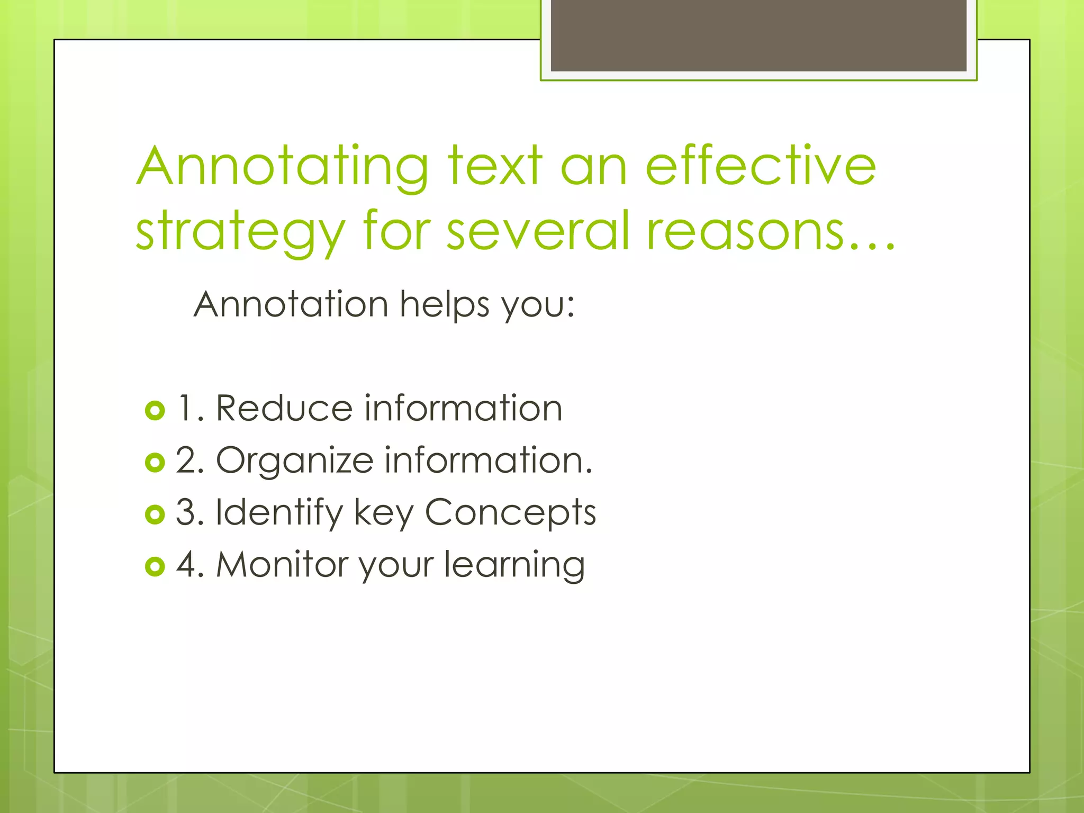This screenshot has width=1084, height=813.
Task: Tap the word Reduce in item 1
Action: pos(284,409)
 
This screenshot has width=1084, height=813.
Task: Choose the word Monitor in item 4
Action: pos(282,564)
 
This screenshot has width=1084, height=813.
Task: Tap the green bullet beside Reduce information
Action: pos(155,410)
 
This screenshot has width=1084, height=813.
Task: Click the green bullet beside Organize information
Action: pos(155,462)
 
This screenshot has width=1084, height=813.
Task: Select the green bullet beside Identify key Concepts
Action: pos(155,514)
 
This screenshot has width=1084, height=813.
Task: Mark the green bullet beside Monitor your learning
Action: pos(155,566)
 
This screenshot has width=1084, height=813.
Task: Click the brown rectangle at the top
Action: pos(758,35)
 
